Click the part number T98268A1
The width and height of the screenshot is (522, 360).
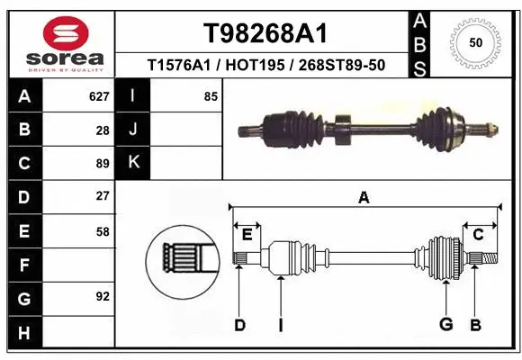(x=264, y=33)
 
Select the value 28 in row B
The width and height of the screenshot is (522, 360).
(x=102, y=130)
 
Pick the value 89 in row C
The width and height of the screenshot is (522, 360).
(x=102, y=164)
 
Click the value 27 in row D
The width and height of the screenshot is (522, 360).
(x=102, y=196)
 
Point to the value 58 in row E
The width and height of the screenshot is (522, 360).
(x=102, y=231)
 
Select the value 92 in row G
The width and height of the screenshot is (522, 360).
(x=102, y=295)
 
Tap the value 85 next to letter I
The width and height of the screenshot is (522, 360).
(x=211, y=95)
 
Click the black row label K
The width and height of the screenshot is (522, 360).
(x=133, y=163)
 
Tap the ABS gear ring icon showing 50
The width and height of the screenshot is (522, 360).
(x=474, y=42)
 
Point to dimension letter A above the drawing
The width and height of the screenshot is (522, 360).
(x=364, y=198)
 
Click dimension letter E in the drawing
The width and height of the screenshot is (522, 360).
(x=247, y=235)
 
